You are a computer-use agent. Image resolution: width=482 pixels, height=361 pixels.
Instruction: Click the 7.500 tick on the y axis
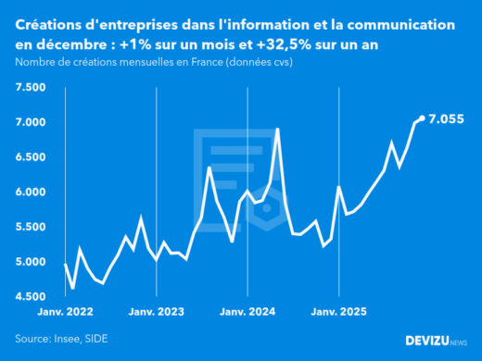coord(32,87)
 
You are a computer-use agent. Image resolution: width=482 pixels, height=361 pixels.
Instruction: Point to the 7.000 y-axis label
coord(32,122)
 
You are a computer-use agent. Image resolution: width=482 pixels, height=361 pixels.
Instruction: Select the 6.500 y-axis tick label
coord(32,157)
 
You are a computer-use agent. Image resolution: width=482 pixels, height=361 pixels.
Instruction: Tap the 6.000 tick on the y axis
coord(32,193)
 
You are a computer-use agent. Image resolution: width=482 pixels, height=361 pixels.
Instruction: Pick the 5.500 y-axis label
coord(32,227)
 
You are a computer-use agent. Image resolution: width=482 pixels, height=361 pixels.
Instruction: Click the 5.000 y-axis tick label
coord(32,262)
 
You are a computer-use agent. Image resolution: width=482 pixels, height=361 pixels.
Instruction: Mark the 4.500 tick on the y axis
coord(32,297)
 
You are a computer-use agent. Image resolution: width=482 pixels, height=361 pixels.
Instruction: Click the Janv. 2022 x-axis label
coord(65,313)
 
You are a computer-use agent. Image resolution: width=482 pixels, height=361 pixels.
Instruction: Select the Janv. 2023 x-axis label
coord(156,313)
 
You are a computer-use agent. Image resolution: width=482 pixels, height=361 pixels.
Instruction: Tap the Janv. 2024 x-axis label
coord(247,313)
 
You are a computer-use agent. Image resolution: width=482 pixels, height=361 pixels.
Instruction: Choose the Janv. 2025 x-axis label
coord(339,313)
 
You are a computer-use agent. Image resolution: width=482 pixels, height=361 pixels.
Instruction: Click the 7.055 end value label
coord(448,118)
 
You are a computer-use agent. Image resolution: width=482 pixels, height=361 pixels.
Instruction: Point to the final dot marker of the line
coord(423,118)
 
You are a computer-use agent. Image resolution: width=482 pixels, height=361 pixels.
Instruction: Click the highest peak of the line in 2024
coord(278,130)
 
